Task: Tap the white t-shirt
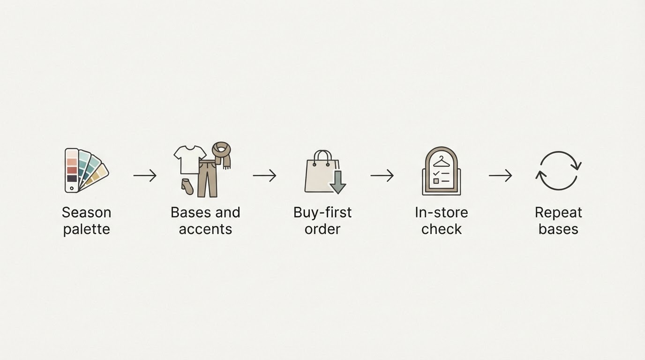(189, 159)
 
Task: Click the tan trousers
(207, 179)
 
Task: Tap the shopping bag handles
(322, 158)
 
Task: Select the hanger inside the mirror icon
(442, 162)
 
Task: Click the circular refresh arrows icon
(558, 171)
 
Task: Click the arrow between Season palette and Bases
(145, 175)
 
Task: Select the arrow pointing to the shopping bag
(264, 175)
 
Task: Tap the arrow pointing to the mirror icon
(382, 175)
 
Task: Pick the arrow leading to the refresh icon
(501, 175)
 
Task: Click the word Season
(86, 212)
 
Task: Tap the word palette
(87, 230)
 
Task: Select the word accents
(205, 230)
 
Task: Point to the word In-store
(442, 212)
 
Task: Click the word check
(442, 229)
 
